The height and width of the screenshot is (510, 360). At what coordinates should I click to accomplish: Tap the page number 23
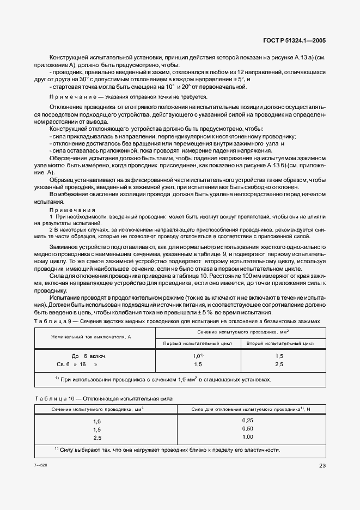point(322,465)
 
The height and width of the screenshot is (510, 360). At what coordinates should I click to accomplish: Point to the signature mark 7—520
point(41,465)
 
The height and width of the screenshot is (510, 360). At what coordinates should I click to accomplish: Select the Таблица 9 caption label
point(53,321)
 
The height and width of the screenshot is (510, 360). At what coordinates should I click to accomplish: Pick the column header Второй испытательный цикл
point(280,343)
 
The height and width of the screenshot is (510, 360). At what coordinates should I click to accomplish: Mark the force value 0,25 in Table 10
point(248,421)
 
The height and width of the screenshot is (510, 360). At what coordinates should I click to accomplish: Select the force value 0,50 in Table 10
point(248,429)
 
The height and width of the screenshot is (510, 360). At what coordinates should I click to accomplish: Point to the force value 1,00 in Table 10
point(248,437)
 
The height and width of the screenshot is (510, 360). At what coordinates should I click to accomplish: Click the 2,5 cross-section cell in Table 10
point(97,438)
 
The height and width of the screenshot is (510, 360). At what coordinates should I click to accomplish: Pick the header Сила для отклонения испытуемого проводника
point(245,409)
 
